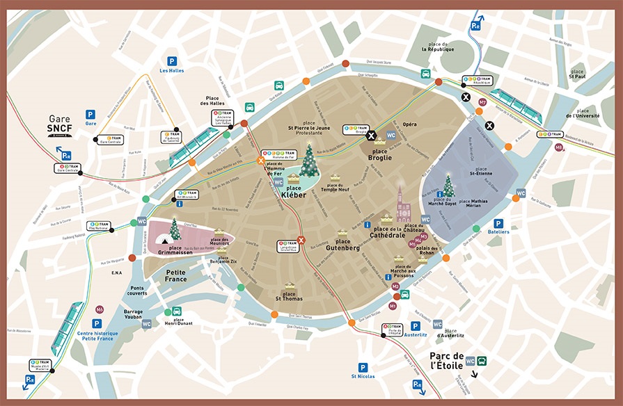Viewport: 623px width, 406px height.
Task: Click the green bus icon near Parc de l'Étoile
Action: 481,361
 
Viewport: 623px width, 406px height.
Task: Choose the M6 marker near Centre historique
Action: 100,309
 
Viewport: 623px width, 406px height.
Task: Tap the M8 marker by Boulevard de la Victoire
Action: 558,147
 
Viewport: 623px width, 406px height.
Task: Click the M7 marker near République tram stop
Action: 482,102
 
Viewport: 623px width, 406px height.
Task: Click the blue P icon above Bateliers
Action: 498,223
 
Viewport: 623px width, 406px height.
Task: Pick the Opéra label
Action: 410,124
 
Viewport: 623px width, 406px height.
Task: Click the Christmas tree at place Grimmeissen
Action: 175,229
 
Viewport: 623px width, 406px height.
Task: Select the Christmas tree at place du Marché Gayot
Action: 449,186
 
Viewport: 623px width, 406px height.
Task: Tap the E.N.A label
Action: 117,273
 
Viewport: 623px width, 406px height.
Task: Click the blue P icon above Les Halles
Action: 171,61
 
